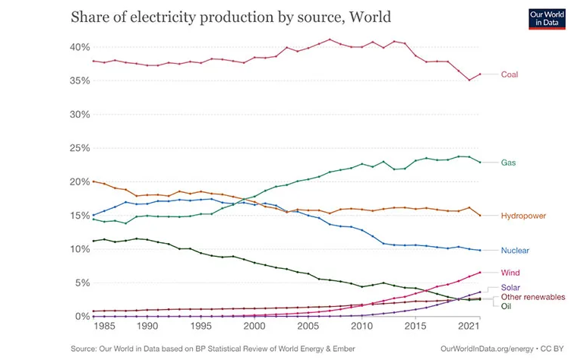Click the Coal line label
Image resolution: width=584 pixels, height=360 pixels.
[x=510, y=74]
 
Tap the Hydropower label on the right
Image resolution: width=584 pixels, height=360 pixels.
[x=524, y=216]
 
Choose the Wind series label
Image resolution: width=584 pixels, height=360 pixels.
[x=510, y=273]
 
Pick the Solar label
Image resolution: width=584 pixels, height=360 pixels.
[x=511, y=288]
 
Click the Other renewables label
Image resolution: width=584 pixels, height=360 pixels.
[x=532, y=297]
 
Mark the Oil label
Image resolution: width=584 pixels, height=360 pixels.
[x=506, y=306]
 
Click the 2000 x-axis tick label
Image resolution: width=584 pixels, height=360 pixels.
[x=254, y=327]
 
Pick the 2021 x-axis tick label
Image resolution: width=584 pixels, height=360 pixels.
[x=469, y=327]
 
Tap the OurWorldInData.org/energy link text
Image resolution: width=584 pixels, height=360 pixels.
[x=486, y=348]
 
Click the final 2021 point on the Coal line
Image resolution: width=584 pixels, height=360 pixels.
[x=479, y=74]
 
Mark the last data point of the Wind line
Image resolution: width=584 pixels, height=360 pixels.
[x=479, y=273]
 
